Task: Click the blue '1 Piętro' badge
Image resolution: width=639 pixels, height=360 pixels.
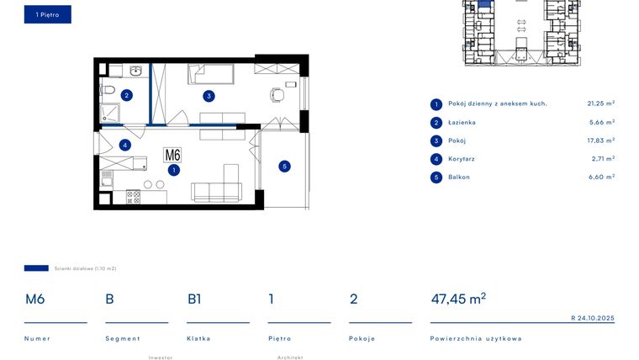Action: pyautogui.click(x=47, y=14)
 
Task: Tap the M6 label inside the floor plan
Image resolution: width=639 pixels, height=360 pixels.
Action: pyautogui.click(x=172, y=155)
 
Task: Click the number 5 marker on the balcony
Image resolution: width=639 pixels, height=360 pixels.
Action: pyautogui.click(x=284, y=167)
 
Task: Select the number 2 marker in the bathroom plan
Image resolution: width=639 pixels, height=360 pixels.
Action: pyautogui.click(x=126, y=95)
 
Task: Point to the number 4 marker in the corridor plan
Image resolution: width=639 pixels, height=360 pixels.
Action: pyautogui.click(x=124, y=145)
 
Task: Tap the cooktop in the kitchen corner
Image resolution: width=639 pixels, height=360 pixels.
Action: pyautogui.click(x=134, y=196)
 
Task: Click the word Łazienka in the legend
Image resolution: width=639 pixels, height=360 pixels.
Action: pyautogui.click(x=462, y=122)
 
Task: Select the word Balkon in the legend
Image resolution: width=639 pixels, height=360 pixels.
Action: pyautogui.click(x=458, y=177)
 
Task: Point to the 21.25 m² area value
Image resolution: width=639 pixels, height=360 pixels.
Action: pyautogui.click(x=600, y=103)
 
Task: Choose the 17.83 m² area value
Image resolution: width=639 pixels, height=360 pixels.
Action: pyautogui.click(x=600, y=140)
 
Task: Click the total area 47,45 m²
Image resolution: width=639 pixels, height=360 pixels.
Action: pyautogui.click(x=457, y=299)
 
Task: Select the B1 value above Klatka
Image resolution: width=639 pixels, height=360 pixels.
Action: pyautogui.click(x=194, y=299)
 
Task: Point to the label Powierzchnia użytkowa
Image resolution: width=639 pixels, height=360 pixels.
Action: pyautogui.click(x=475, y=338)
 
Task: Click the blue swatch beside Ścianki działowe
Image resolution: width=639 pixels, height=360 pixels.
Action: pyautogui.click(x=36, y=268)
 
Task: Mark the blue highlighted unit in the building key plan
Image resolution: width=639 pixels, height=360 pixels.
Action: pyautogui.click(x=484, y=7)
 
